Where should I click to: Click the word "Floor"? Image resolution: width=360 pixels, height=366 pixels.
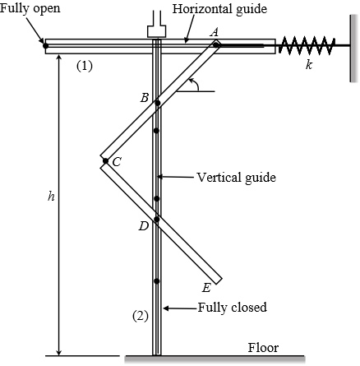[263, 347]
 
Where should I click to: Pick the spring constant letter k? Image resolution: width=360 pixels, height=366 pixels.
[308, 64]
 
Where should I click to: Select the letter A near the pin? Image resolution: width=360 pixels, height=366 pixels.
[215, 30]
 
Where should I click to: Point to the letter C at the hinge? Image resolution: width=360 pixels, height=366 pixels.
[117, 162]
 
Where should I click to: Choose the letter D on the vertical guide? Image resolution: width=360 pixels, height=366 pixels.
[144, 225]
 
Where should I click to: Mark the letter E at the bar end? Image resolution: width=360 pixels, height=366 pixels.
[206, 287]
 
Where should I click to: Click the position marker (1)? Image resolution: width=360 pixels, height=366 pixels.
[85, 67]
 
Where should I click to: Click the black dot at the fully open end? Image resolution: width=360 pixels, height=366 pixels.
[46, 45]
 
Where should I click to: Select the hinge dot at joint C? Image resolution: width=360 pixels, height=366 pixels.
[104, 160]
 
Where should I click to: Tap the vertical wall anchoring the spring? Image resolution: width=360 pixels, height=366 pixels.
[351, 45]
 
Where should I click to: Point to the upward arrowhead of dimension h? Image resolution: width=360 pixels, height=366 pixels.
[59, 62]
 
